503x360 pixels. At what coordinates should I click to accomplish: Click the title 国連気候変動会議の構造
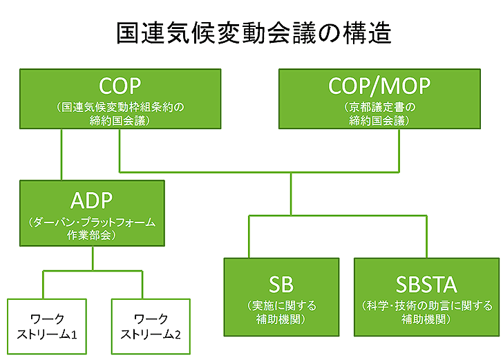pos(254,32)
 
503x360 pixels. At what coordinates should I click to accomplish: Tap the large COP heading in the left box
pos(120,86)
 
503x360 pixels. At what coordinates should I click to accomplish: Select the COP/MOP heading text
pos(379,86)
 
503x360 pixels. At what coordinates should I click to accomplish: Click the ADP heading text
pos(91,200)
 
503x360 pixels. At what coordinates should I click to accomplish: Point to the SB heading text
pos(281,285)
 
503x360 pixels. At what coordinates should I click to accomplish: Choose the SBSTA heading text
pos(426,285)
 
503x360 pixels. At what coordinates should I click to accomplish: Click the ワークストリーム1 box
pos(47,326)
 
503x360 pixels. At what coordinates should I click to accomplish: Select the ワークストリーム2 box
pos(151,326)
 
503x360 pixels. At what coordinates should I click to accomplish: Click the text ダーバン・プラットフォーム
pos(94,222)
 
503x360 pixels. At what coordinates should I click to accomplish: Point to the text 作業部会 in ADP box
pos(89,235)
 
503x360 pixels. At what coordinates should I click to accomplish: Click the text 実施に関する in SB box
pos(284,306)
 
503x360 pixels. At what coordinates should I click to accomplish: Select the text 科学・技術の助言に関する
pos(429,306)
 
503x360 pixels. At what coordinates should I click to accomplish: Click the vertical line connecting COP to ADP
pos(61,155)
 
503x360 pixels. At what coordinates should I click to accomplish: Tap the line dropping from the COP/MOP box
pos(399,151)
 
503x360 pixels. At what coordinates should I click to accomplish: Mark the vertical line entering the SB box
pos(249,237)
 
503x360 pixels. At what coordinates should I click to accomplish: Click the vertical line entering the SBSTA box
pos(427,237)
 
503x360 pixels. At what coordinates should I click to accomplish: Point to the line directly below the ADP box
pos(93,258)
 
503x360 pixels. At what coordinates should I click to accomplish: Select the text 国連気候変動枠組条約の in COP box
pos(123,107)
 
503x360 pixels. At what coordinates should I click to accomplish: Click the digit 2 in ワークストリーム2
pos(178,335)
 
